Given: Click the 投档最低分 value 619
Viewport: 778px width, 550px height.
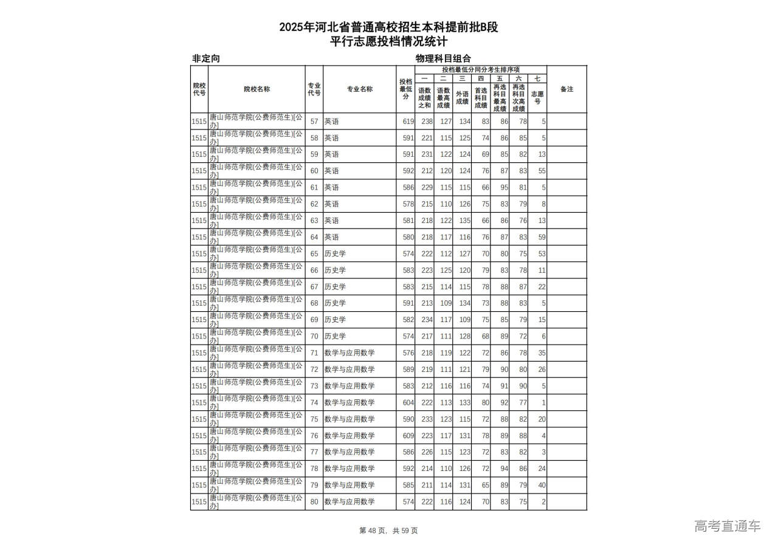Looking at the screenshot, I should [x=408, y=122].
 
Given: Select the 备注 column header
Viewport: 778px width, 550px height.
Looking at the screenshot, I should [x=566, y=89].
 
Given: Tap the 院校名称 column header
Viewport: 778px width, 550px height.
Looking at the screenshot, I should [x=256, y=89].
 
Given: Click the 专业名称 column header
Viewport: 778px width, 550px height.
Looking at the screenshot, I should [x=360, y=89].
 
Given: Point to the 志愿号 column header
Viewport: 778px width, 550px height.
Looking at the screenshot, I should [x=537, y=98].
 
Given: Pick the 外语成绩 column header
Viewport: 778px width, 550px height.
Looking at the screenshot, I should [x=462, y=98].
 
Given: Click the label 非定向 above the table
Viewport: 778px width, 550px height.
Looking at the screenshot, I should [x=206, y=59].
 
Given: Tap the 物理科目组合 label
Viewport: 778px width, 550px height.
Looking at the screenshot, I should [x=443, y=59].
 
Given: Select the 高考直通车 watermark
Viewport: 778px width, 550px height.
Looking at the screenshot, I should [x=727, y=526].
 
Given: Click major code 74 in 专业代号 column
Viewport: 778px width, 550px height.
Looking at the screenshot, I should [x=314, y=402].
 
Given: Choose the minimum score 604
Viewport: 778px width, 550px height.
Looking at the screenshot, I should [x=408, y=402].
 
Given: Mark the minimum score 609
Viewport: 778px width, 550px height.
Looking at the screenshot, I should [x=408, y=436].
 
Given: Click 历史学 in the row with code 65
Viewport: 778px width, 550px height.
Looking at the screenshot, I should [x=335, y=253].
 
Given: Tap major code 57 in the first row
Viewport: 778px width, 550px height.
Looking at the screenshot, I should [x=314, y=122].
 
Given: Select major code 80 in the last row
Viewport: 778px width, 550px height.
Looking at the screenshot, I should [x=314, y=502].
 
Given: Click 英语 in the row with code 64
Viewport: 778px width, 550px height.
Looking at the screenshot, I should [x=331, y=237].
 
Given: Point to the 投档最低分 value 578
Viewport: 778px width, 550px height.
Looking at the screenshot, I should [x=408, y=204].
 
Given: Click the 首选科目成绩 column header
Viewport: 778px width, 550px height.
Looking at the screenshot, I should [x=481, y=98].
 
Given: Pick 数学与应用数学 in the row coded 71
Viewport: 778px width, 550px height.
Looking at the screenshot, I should [x=349, y=353].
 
